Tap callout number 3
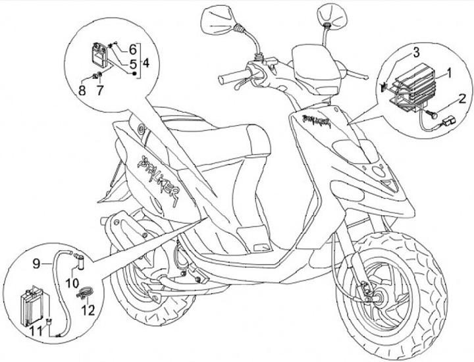(x=416, y=52)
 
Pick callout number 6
(x=132, y=49)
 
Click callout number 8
(x=82, y=90)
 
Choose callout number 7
(x=100, y=90)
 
